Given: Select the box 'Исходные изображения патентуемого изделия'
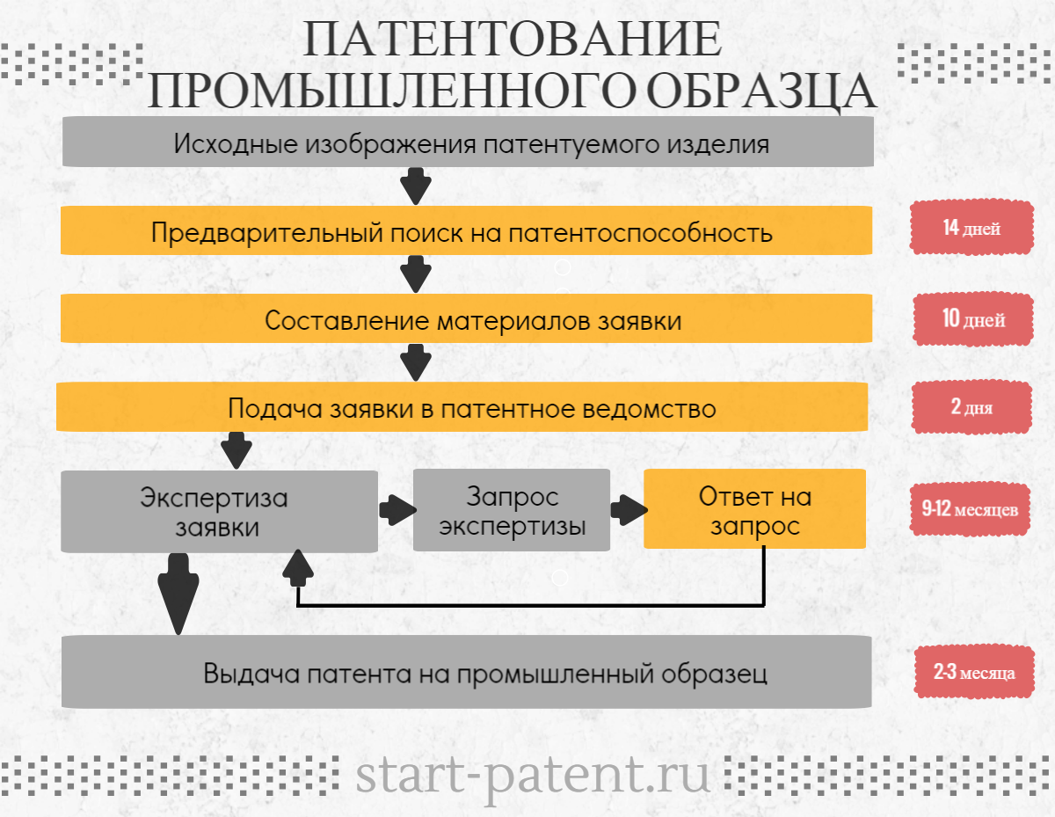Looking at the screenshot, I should coord(467,142).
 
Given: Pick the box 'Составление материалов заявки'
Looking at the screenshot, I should coord(466,319).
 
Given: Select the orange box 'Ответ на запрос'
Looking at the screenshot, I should coord(754,509).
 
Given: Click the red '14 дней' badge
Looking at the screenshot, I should coord(971,229).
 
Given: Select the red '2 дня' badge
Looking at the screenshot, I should coord(971,406).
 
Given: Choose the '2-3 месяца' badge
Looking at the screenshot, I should coord(974,673).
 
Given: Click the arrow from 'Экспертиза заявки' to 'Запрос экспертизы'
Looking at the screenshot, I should coord(397,509).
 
